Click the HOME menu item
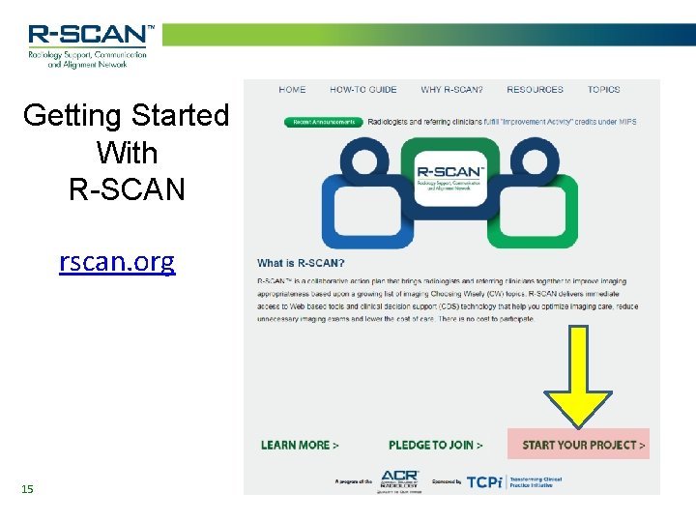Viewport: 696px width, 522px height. [x=292, y=90]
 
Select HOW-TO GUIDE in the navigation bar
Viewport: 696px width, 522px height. [x=363, y=90]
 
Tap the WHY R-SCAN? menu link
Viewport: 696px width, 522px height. [x=451, y=90]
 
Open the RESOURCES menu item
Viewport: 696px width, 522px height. [x=535, y=90]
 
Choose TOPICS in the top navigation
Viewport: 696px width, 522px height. [x=604, y=90]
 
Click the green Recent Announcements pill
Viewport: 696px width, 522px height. [x=324, y=123]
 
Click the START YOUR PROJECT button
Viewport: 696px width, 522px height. [x=583, y=445]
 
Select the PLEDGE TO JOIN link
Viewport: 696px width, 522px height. [x=435, y=445]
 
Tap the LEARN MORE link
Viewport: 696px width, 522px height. [x=300, y=445]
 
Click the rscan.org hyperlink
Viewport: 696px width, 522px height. [x=117, y=262]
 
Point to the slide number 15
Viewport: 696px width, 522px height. [x=27, y=489]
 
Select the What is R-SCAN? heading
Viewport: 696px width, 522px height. [x=301, y=263]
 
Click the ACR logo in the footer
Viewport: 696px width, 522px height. [x=399, y=480]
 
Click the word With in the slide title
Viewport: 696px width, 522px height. [x=127, y=153]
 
